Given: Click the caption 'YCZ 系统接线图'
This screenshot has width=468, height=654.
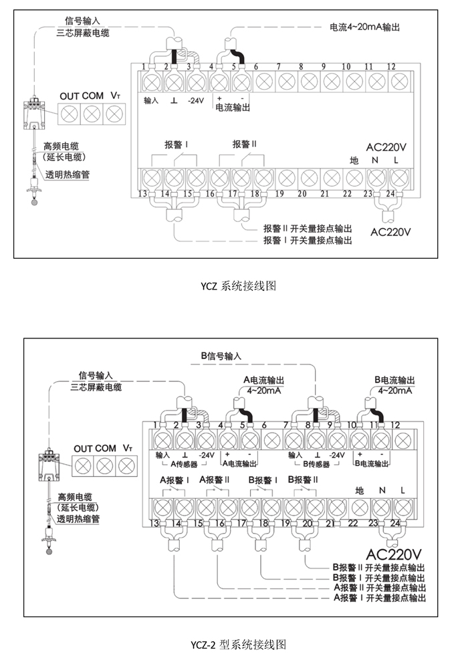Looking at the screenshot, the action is coord(238,286).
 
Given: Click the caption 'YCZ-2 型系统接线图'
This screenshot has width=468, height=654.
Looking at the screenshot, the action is coord(239,645).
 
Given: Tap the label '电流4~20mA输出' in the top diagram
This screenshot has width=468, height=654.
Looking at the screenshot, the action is coord(365,27).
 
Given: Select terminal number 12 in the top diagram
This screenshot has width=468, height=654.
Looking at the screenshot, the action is coord(391,66).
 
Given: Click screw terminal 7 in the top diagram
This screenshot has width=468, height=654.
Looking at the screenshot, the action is coord(287,82).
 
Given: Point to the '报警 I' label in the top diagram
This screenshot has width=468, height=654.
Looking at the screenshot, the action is coord(176,144).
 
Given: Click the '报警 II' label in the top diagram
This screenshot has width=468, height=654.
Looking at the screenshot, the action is coord(245,144).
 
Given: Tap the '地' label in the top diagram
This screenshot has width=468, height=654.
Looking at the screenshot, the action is coord(354,160).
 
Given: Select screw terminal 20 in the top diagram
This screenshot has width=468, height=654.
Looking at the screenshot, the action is coord(309,179).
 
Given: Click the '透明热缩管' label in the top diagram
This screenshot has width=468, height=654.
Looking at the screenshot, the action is coord(68,175).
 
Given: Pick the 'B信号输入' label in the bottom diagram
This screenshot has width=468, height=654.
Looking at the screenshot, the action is coord(221,356).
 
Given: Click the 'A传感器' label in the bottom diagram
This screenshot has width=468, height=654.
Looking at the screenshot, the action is coord(184,464).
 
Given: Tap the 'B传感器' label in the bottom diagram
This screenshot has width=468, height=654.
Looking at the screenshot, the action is coord(316,464).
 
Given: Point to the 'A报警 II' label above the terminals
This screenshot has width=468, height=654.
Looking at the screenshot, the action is coord(215,479).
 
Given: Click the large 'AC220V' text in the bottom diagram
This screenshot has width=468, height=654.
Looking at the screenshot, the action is coord(394,554).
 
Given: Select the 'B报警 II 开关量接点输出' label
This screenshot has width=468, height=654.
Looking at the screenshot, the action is coord(378,568).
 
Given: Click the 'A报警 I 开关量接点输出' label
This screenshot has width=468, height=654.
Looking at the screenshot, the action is coord(380,598).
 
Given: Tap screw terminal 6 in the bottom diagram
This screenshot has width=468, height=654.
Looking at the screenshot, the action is coord(272,441).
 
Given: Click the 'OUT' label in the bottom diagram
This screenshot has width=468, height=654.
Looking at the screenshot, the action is coord(83,449).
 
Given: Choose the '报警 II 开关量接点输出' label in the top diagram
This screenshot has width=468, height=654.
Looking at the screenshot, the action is coord(308,229).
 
